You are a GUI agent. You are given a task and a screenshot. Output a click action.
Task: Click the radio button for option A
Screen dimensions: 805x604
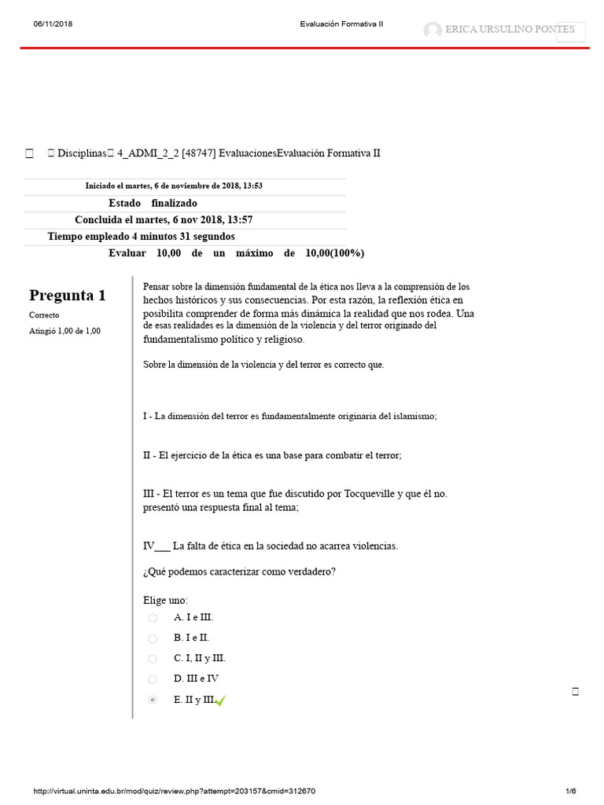coord(153,618)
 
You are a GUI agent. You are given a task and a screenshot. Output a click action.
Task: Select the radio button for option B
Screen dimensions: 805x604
coord(153,638)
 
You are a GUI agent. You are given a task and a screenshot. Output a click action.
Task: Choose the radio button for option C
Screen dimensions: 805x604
coord(153,659)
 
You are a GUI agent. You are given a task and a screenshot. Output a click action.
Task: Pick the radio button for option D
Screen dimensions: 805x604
coord(153,679)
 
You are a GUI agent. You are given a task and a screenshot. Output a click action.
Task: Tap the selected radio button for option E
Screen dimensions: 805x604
coord(153,700)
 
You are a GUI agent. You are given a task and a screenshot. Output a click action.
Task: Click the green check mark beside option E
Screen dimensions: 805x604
coord(219,700)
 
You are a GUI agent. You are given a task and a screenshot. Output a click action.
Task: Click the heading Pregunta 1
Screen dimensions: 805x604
coord(67,296)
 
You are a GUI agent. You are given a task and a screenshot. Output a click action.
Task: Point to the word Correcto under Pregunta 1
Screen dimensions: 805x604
coord(44,315)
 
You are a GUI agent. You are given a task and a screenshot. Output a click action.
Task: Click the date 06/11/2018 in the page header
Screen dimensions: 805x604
coord(53,24)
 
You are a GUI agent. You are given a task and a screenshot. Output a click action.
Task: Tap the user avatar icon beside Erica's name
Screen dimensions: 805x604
coord(433,31)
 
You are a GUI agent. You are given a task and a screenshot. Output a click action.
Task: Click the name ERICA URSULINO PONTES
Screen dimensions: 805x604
coord(510,30)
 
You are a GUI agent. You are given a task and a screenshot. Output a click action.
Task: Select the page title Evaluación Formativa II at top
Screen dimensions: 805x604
coord(341,24)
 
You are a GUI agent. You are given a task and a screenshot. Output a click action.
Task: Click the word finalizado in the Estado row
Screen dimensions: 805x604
coord(175,203)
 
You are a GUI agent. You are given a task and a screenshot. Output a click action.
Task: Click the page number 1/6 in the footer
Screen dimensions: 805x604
coord(570,791)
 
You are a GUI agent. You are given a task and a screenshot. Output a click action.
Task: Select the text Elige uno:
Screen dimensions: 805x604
coord(165,601)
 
